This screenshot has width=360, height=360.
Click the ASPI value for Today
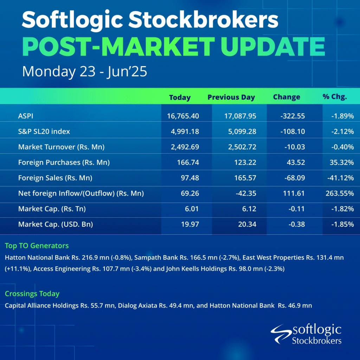[183, 116]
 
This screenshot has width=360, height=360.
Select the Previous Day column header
[231, 97]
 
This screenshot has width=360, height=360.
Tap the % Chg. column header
[335, 97]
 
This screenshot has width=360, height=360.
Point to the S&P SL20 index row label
[44, 131]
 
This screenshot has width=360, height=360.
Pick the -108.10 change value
[293, 131]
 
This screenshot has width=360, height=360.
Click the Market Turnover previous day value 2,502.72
[242, 147]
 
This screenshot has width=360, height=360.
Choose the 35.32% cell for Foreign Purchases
[342, 162]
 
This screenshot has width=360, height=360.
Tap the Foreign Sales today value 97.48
[190, 178]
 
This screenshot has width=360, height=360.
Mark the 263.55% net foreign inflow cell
[340, 193]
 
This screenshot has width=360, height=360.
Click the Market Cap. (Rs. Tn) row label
[52, 209]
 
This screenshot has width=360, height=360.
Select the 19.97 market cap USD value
[190, 224]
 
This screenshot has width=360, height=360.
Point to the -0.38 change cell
[297, 224]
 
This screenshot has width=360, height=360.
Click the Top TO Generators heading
[37, 246]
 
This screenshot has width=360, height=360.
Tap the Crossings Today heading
[32, 294]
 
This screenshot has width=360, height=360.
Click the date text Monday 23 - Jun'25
[84, 71]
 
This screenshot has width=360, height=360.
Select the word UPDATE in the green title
[273, 46]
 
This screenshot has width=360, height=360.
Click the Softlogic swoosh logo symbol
[282, 334]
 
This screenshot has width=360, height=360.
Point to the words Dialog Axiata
[137, 306]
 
